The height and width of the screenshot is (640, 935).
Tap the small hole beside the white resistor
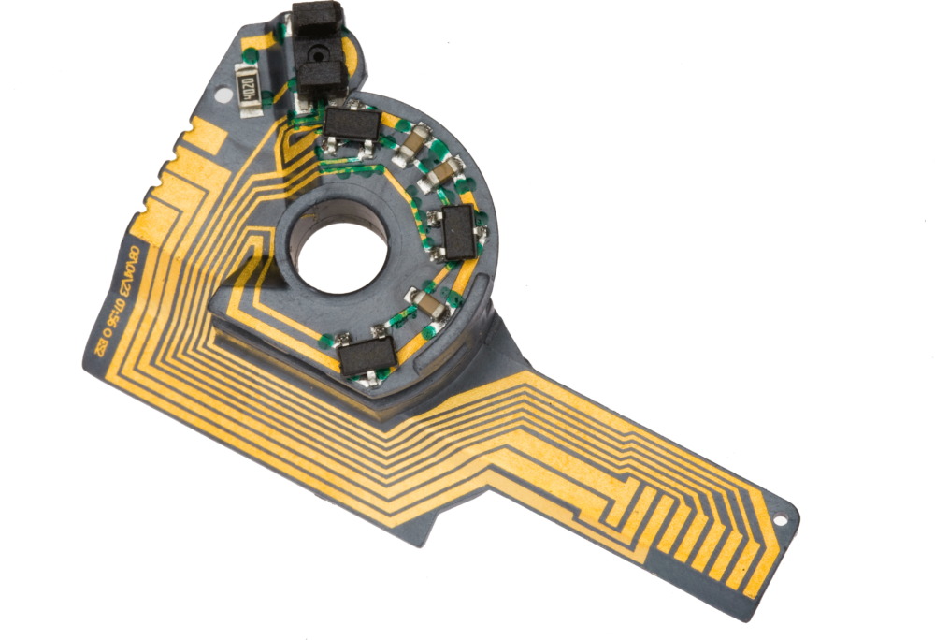point(221,95)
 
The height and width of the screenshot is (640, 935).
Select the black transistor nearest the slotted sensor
point(352,124)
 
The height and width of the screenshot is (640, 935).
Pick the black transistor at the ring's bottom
point(367,356)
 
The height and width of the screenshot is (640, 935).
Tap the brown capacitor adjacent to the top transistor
point(412,141)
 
